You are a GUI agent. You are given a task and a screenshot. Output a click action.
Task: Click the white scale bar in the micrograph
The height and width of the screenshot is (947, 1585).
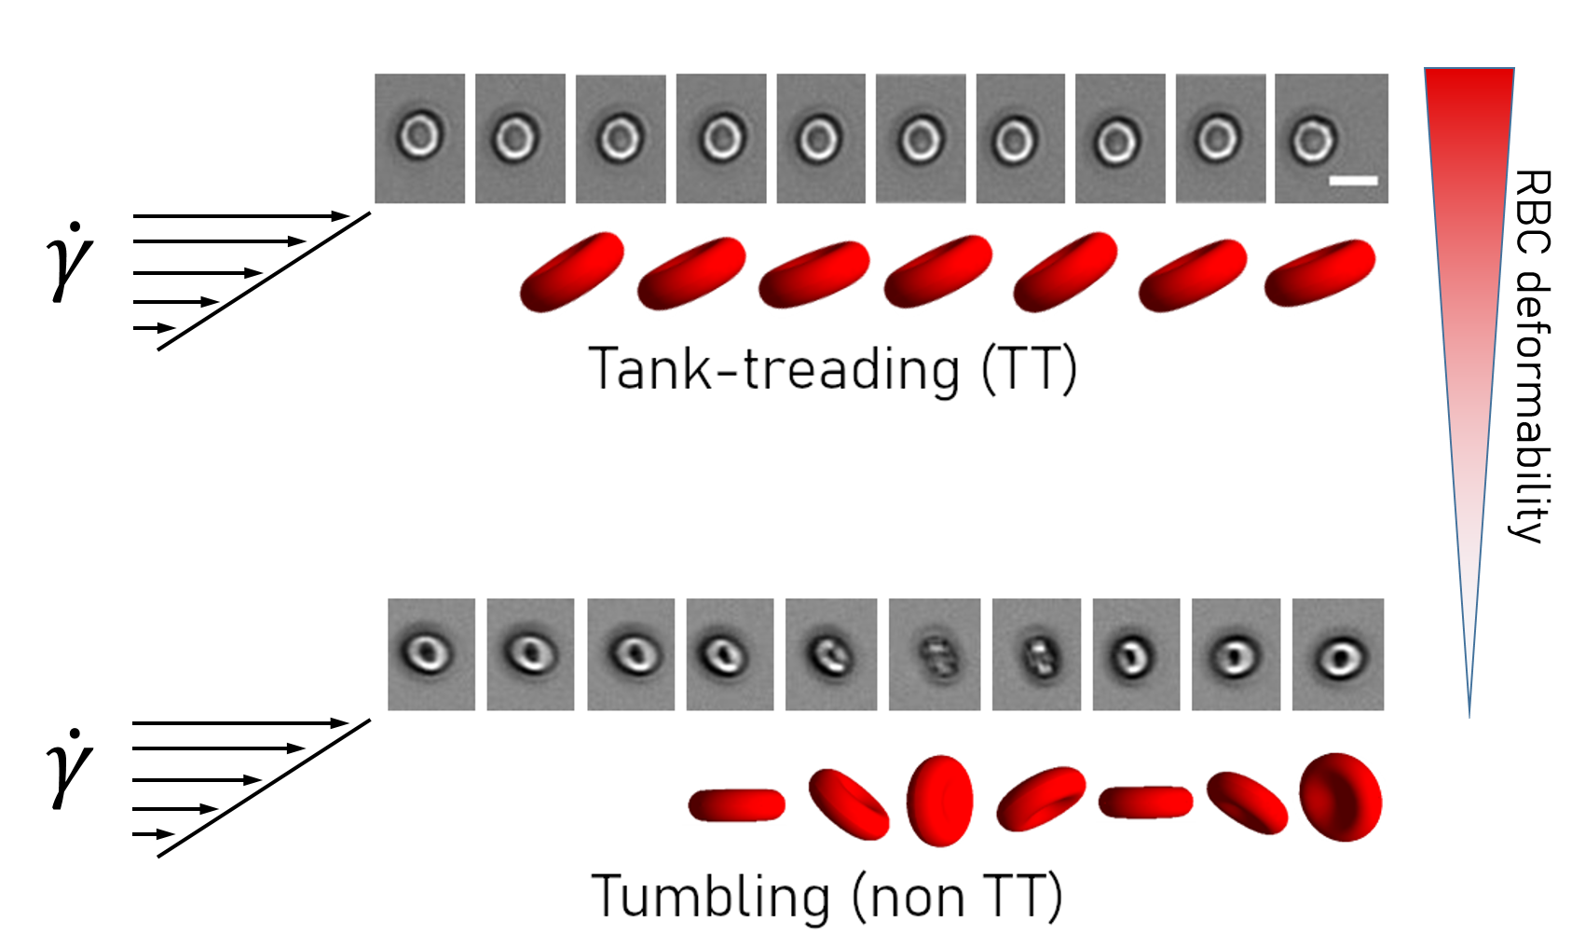pyautogui.click(x=1353, y=180)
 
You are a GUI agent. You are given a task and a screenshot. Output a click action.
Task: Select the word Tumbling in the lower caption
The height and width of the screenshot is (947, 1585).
pyautogui.click(x=710, y=897)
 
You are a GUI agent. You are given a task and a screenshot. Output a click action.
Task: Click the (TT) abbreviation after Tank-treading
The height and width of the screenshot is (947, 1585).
pyautogui.click(x=1030, y=369)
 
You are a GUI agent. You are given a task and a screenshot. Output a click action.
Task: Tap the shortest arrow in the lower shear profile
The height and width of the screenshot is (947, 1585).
pyautogui.click(x=154, y=834)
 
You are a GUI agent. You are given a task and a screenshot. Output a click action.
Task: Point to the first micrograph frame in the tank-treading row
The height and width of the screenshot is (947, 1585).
pyautogui.click(x=419, y=138)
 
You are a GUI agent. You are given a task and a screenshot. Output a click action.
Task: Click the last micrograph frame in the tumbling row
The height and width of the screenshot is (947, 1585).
pyautogui.click(x=1338, y=654)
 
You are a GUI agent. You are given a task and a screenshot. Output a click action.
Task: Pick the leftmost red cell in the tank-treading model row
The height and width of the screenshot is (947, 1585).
pyautogui.click(x=571, y=271)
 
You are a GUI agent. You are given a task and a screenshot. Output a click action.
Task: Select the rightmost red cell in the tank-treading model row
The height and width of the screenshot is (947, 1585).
pyautogui.click(x=1319, y=271)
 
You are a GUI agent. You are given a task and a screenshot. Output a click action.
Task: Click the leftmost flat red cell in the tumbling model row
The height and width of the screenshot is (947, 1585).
pyautogui.click(x=736, y=805)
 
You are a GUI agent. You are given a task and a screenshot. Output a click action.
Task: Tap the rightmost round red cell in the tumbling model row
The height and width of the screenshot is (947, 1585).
pyautogui.click(x=1341, y=798)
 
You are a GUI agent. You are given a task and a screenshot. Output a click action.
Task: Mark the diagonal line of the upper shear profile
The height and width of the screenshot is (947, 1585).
pyautogui.click(x=265, y=281)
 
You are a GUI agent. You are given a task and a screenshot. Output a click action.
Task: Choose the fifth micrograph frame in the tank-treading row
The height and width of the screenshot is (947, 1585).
pyautogui.click(x=821, y=138)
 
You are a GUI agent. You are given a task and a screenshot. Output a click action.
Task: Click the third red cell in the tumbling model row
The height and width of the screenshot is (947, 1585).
pyautogui.click(x=939, y=801)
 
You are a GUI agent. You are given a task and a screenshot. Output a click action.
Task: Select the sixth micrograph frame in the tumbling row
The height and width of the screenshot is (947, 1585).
pyautogui.click(x=935, y=654)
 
